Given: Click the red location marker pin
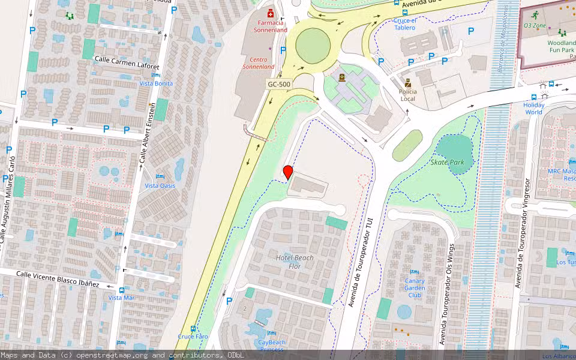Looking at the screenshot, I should pyautogui.click(x=288, y=172).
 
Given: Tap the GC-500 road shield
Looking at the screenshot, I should pyautogui.click(x=279, y=85).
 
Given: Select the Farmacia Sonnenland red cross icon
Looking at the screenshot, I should pyautogui.click(x=271, y=13).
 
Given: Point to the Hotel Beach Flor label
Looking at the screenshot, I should pyautogui.click(x=295, y=262).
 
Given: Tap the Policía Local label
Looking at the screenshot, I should pyautogui.click(x=408, y=95).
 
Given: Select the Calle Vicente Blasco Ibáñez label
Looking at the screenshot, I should pyautogui.click(x=58, y=278).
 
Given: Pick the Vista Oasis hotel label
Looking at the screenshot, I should pyautogui.click(x=160, y=185).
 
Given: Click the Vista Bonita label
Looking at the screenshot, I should pyautogui.click(x=156, y=83).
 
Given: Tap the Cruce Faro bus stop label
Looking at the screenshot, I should pyautogui.click(x=193, y=337).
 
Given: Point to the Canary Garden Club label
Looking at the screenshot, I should pyautogui.click(x=415, y=287).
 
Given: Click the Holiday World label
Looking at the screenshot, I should pyautogui.click(x=533, y=108).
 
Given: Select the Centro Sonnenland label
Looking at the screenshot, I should pyautogui.click(x=259, y=63).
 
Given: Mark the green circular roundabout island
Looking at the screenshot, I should pyautogui.click(x=313, y=44).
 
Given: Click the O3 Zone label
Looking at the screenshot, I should pyautogui.click(x=534, y=26).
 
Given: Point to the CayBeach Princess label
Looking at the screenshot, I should pyautogui.click(x=271, y=346).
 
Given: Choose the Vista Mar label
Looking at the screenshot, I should pyautogui.click(x=122, y=298).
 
